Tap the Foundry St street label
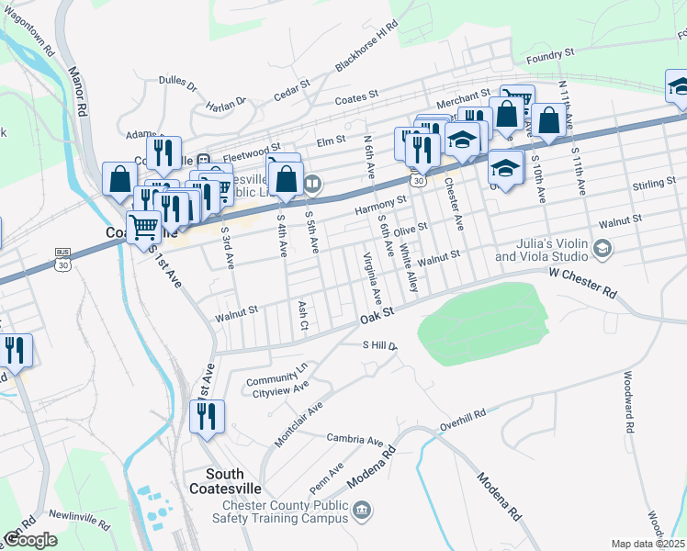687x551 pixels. tap(549, 55)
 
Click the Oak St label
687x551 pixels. tap(377, 315)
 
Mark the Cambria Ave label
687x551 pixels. tap(355, 441)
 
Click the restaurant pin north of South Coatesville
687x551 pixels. tap(206, 416)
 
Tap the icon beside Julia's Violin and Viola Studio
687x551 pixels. tap(602, 248)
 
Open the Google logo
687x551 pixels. tap(30, 539)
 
